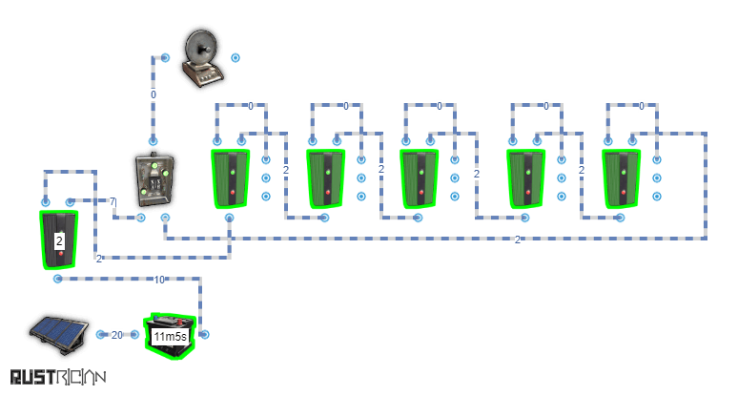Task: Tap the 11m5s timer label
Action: tap(170, 337)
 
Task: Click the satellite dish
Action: tap(201, 57)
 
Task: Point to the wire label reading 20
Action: tap(117, 335)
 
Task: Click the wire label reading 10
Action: tap(158, 280)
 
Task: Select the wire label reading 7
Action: tap(112, 202)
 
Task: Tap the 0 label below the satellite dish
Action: tap(153, 94)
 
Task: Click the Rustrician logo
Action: tap(57, 378)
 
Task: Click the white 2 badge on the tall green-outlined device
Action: tap(59, 241)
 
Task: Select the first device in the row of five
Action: tap(230, 178)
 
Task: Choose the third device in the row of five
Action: tap(419, 178)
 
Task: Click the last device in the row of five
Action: tap(621, 178)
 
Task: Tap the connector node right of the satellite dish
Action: tap(236, 57)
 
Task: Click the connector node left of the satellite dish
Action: tap(165, 57)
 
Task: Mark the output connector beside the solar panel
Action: tap(100, 335)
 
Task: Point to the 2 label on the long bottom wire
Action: tap(518, 240)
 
